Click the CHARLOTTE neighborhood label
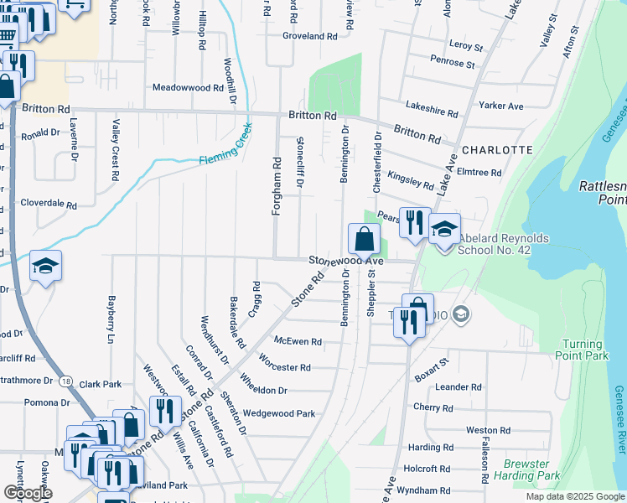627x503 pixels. (497, 150)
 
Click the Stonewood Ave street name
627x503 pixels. (345, 262)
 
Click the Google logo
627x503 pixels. (28, 493)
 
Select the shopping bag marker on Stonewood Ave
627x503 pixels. (364, 240)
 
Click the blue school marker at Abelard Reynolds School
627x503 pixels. (444, 229)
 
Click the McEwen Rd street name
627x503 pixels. (298, 341)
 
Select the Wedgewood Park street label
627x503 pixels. (278, 413)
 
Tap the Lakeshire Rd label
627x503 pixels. (431, 109)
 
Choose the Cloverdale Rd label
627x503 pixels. (49, 204)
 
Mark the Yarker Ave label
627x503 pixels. (500, 106)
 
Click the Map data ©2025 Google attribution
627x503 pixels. (574, 496)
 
